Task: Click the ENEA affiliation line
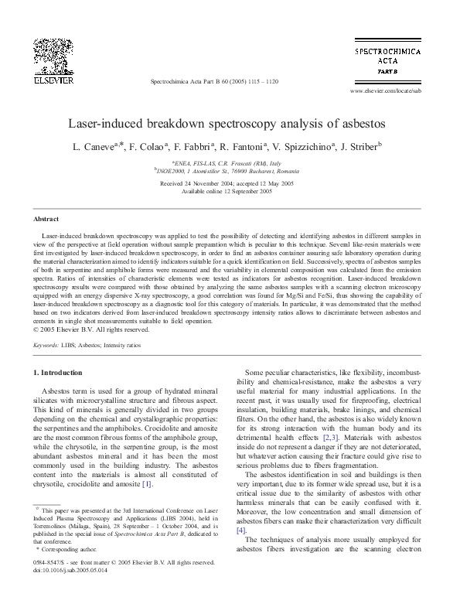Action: [230, 164]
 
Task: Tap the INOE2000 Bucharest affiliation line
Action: [230, 172]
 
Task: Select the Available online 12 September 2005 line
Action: [230, 191]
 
